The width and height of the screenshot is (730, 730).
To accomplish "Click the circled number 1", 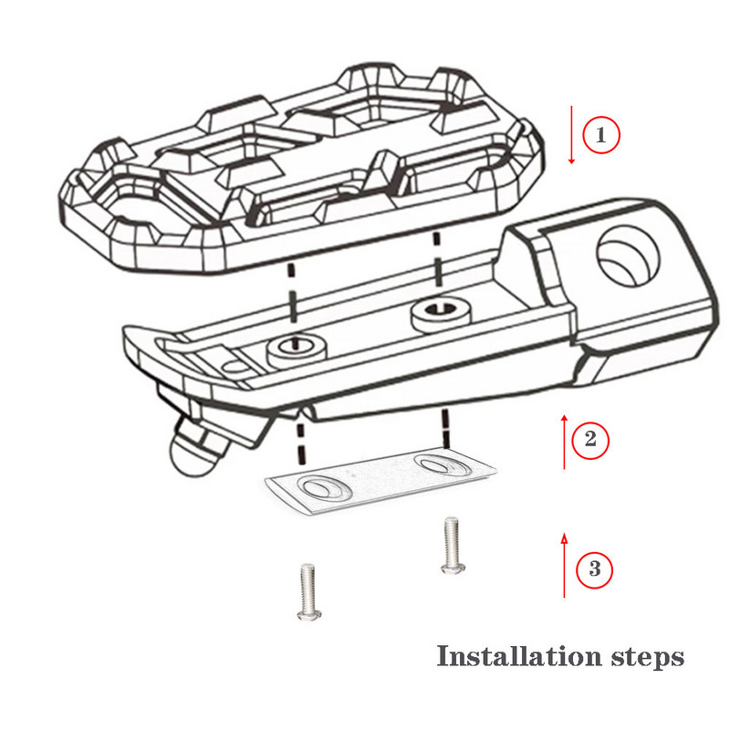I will click(600, 135).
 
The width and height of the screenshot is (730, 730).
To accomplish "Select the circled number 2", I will click(590, 440).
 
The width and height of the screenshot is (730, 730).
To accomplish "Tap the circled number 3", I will click(594, 570).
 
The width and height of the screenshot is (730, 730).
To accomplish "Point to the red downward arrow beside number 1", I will click(572, 135).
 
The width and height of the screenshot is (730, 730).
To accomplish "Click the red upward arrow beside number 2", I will click(565, 442).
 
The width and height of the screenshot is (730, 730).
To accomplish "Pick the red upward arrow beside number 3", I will click(565, 566).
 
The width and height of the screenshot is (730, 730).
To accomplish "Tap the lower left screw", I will click(307, 592).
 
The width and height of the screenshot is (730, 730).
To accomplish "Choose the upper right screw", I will click(450, 545).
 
